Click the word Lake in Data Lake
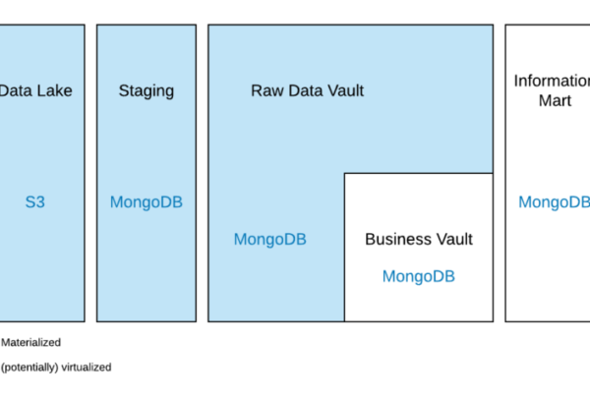click(55, 91)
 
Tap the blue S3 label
click(35, 203)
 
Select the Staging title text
click(146, 91)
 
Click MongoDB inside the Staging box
click(146, 203)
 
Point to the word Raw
click(266, 91)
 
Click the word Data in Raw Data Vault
click(306, 91)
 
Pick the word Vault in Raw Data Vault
click(345, 91)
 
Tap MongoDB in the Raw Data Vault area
click(269, 239)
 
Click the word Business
click(399, 239)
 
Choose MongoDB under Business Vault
click(418, 277)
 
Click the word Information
click(552, 81)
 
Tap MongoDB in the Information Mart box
click(554, 202)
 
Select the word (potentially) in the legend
click(29, 368)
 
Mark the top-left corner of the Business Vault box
click(344, 174)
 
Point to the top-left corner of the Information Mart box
click(505, 26)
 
